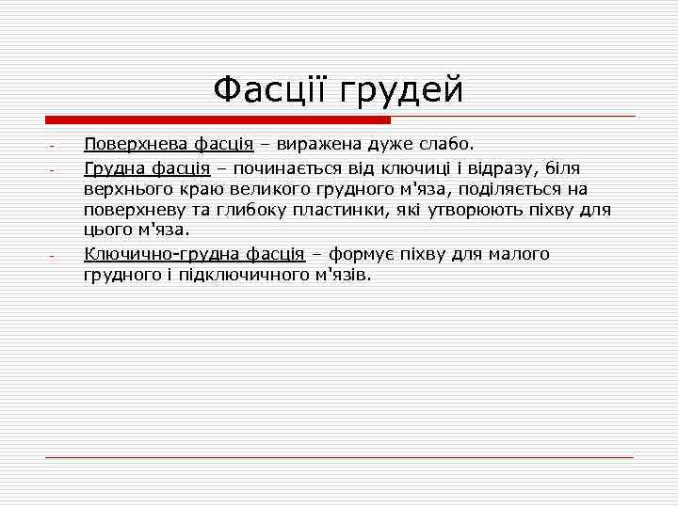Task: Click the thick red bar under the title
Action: [218, 120]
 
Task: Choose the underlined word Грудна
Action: [113, 167]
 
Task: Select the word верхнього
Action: [126, 188]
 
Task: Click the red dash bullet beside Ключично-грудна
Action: [53, 255]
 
